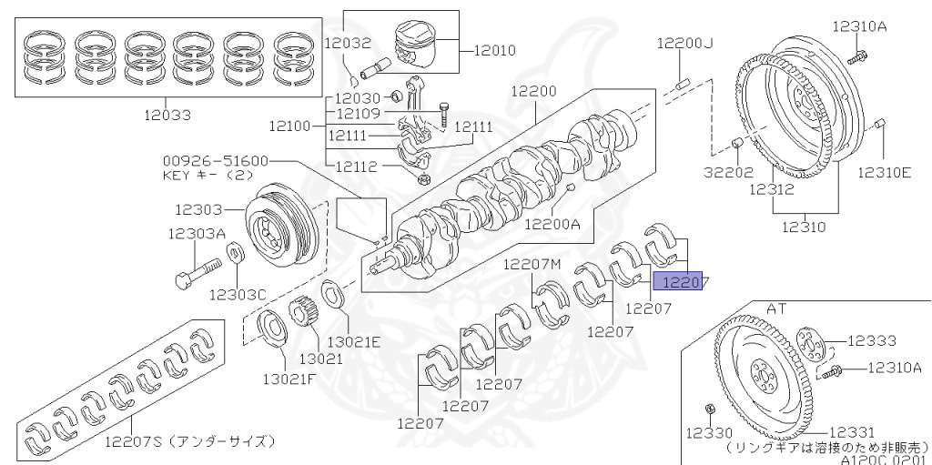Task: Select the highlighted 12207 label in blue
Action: (x=684, y=282)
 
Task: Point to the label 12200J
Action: (x=688, y=43)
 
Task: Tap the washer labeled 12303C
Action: (x=233, y=252)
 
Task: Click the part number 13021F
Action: (x=289, y=378)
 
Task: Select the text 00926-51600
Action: (x=216, y=160)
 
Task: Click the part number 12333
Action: (x=872, y=340)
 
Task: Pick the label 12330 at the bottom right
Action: (x=709, y=433)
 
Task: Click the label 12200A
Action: (x=554, y=221)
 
